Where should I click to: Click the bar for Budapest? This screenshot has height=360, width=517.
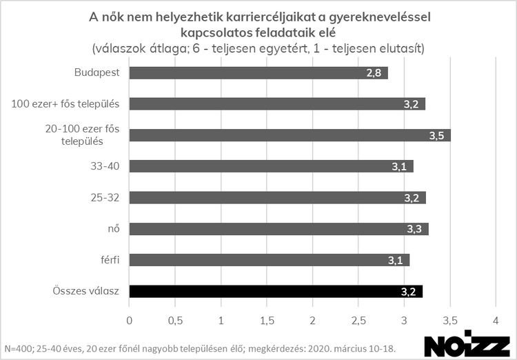click(x=258, y=73)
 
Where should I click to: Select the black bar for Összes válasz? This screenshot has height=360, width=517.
click(x=276, y=291)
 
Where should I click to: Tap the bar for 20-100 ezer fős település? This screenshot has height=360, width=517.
click(x=290, y=135)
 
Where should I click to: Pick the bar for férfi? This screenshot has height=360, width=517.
click(x=269, y=260)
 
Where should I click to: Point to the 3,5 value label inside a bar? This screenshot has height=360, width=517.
click(x=436, y=136)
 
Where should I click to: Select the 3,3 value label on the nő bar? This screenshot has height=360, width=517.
click(x=413, y=229)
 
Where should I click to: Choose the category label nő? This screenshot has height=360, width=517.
click(x=114, y=228)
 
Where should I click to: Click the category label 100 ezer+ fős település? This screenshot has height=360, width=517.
click(x=66, y=103)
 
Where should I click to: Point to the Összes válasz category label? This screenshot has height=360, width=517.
click(x=86, y=291)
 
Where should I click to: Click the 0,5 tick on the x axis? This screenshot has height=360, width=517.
click(x=174, y=321)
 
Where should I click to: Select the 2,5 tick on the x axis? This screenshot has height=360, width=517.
click(x=358, y=321)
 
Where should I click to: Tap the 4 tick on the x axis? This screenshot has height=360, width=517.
click(x=495, y=321)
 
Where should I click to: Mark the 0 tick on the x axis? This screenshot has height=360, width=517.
click(x=129, y=321)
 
